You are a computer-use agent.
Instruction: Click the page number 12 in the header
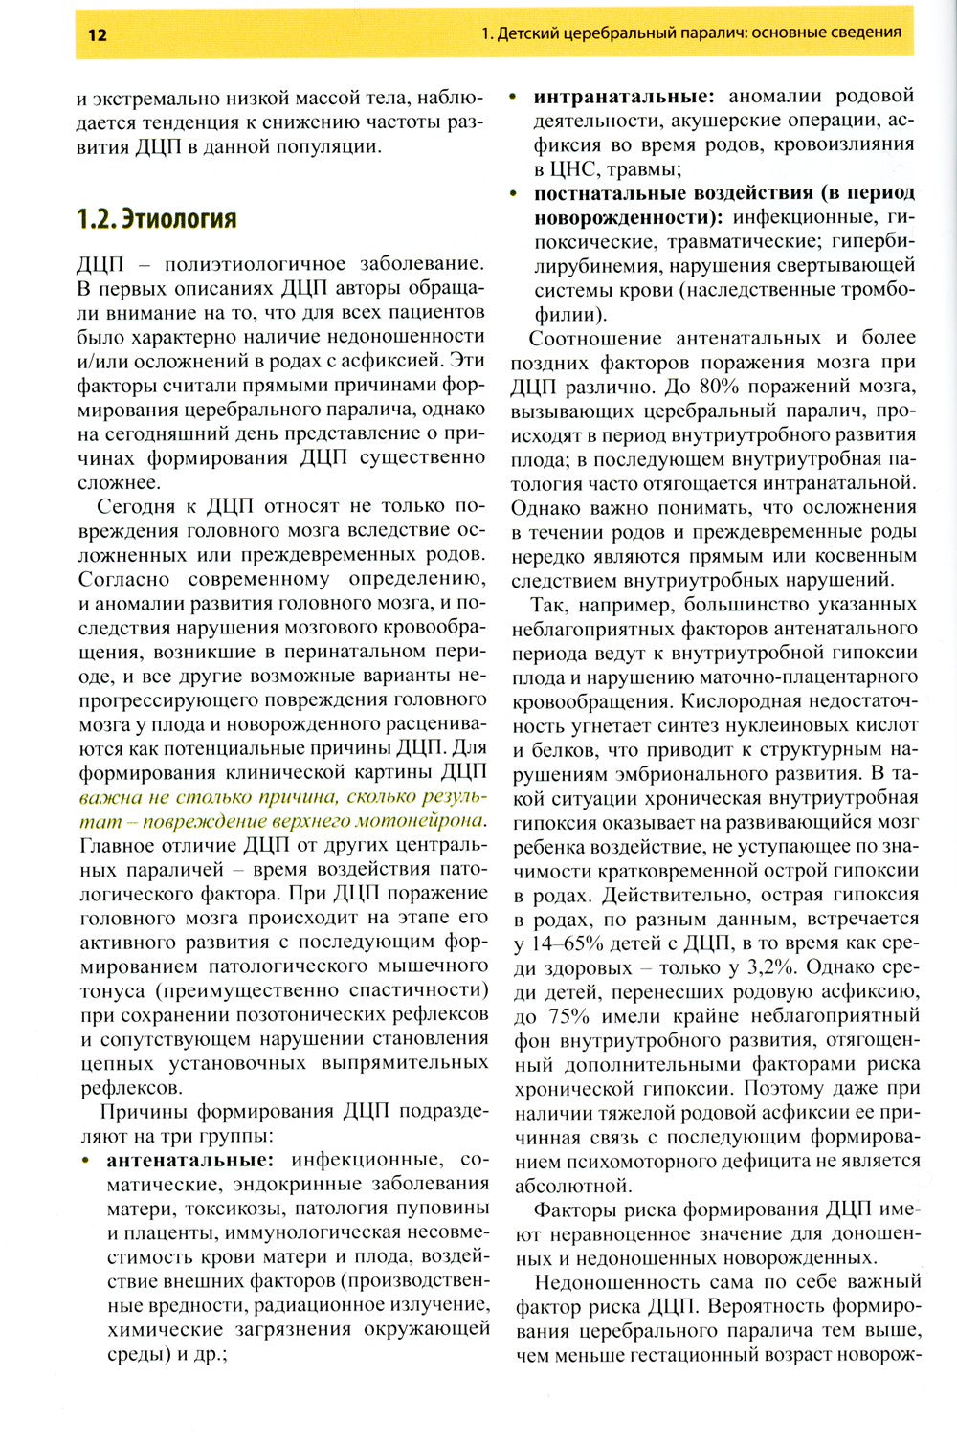pyautogui.click(x=98, y=35)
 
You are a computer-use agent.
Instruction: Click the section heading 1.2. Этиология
pyautogui.click(x=156, y=219)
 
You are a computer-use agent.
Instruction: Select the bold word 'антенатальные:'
pyautogui.click(x=189, y=1160)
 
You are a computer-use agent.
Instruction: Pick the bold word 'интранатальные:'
pyautogui.click(x=623, y=97)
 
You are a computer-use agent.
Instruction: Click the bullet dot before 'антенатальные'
pyautogui.click(x=87, y=1161)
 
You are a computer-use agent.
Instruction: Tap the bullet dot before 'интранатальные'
pyautogui.click(x=514, y=97)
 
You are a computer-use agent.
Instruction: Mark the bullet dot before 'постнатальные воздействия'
pyautogui.click(x=514, y=193)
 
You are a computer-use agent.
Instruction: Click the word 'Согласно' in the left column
pyautogui.click(x=122, y=579)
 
